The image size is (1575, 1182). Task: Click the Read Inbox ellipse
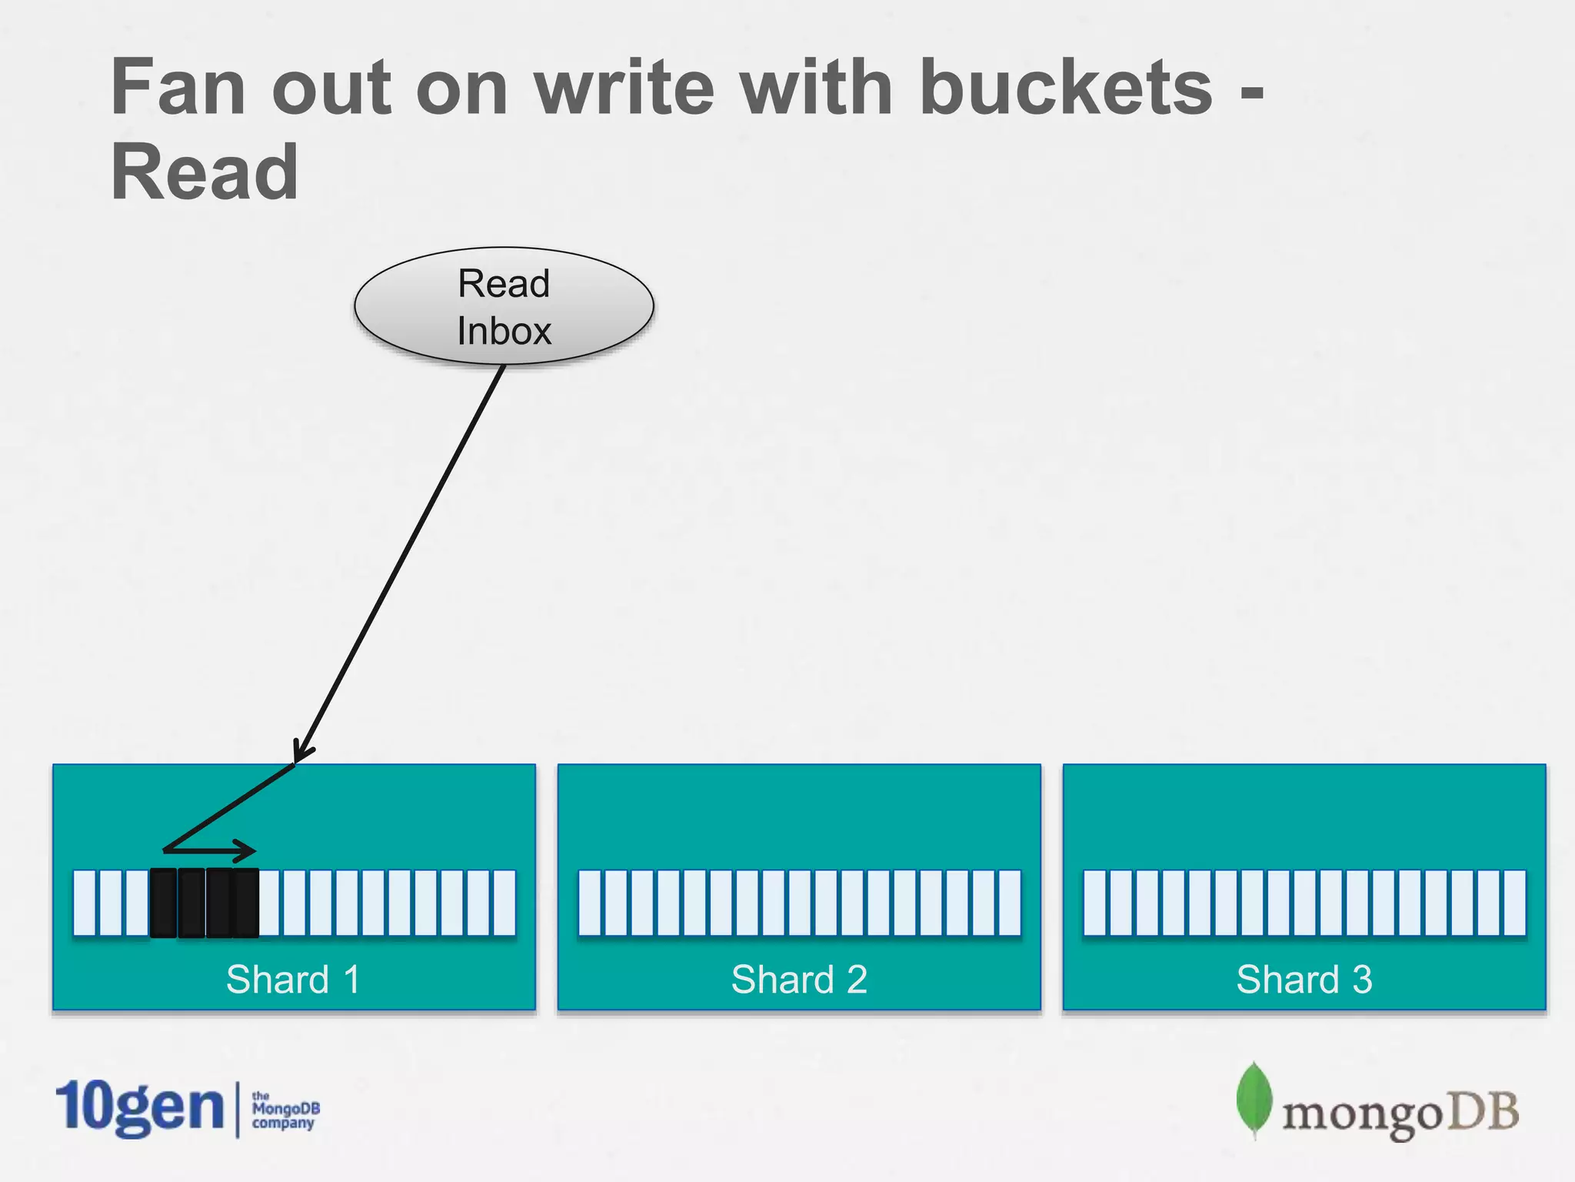coord(504,306)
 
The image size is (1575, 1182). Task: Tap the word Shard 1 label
coord(293,980)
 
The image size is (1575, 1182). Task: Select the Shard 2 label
coord(798,980)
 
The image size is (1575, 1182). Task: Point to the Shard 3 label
coord(1304,980)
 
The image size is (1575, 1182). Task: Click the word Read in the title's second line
coord(205,172)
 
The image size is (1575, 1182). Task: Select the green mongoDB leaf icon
coord(1254,1099)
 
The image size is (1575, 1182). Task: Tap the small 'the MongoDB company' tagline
coord(285,1110)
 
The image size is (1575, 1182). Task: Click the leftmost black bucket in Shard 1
coord(163,903)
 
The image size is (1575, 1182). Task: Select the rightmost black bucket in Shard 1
coord(246,903)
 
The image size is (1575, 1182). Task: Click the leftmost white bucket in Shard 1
coord(85,903)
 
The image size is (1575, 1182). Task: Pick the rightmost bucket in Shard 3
coord(1514,903)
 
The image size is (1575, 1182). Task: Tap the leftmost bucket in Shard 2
coord(589,903)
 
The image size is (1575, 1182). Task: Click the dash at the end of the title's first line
coord(1252,98)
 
